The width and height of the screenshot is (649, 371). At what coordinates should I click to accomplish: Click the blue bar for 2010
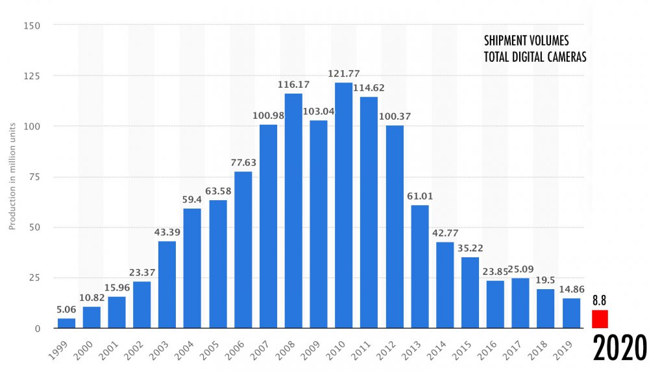point(344,205)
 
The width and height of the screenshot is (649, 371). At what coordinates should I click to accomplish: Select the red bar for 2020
point(600,319)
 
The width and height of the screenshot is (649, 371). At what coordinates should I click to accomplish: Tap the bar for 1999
point(66,323)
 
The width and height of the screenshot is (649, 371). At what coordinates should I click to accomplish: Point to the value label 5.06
point(66,311)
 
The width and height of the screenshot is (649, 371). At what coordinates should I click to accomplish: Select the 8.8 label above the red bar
point(599,301)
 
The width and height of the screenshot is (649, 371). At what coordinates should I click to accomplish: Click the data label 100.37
point(394,117)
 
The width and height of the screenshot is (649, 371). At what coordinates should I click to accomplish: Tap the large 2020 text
point(619,348)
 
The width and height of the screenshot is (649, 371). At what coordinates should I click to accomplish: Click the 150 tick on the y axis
point(32,25)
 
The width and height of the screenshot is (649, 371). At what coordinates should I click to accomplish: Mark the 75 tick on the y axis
point(34,177)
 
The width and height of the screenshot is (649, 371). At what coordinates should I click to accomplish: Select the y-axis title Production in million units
point(12,177)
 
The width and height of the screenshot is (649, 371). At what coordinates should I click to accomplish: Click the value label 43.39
point(167,233)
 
